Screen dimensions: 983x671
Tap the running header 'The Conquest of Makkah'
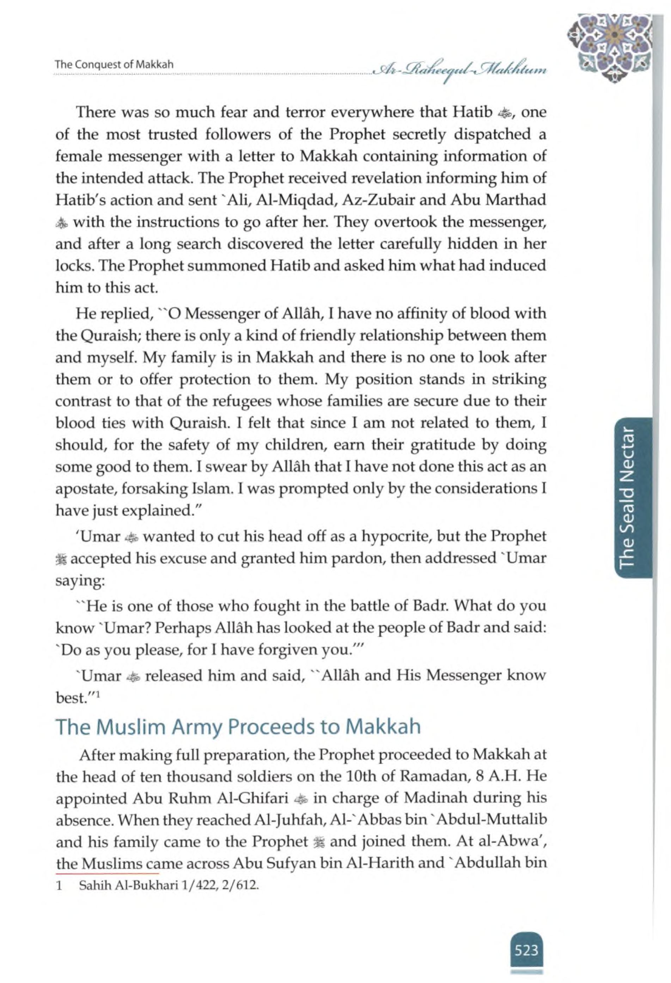[x=114, y=65]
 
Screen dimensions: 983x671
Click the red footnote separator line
[x=107, y=873]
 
